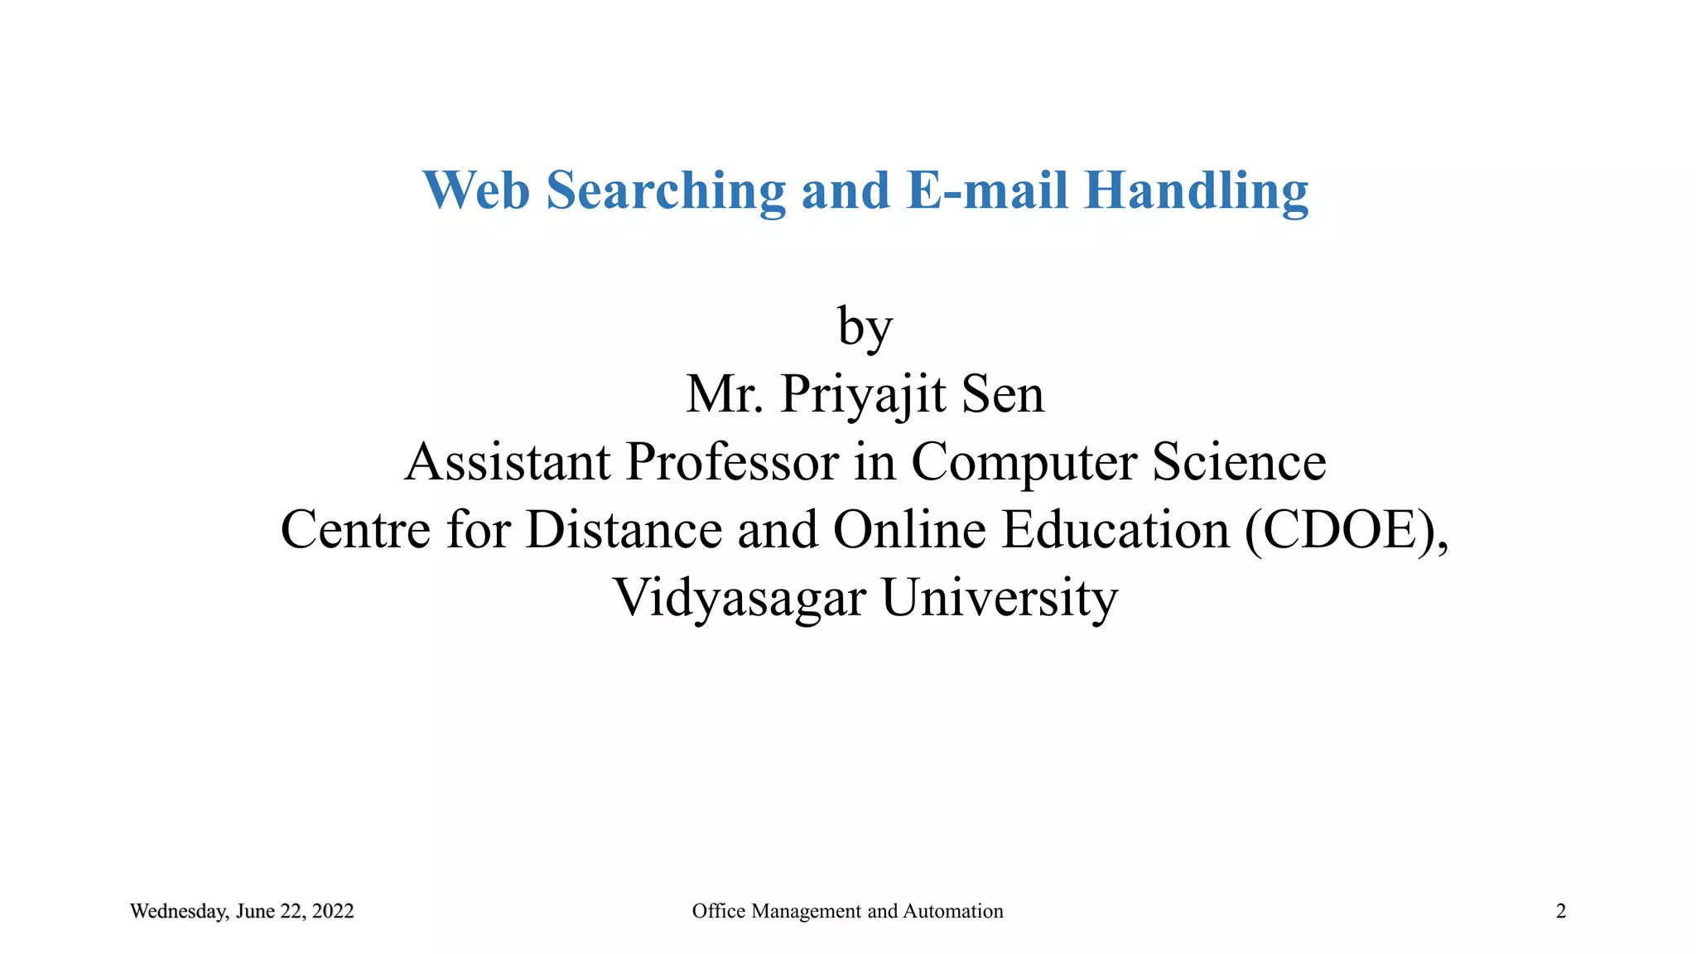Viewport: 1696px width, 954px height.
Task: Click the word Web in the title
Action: coord(476,190)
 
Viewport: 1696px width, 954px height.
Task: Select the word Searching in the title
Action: coord(666,192)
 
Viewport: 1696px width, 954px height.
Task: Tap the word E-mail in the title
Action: coord(988,190)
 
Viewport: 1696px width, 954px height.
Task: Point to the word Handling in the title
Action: coord(1197,192)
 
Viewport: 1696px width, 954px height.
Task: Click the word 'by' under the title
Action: coord(865,328)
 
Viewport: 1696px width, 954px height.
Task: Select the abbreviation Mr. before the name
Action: coord(725,394)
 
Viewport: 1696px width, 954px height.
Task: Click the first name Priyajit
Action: coord(863,396)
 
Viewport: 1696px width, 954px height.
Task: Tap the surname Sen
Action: coord(1003,394)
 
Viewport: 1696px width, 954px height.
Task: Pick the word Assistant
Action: coord(508,462)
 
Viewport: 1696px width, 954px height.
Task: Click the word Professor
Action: coord(733,462)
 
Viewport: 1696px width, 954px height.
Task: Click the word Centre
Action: coord(355,530)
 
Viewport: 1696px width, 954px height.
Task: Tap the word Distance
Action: coord(624,530)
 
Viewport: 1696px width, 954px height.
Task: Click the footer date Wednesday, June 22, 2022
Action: coord(242,912)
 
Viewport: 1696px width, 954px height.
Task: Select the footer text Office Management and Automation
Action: coord(847,912)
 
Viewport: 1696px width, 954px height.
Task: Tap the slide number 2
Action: coord(1561,912)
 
